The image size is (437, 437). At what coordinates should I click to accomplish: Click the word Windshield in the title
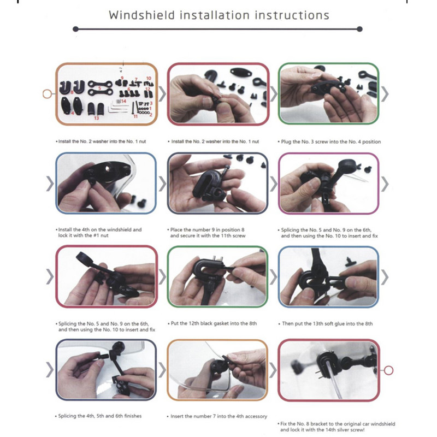[142, 15]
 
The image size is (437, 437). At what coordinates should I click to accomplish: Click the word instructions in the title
[292, 15]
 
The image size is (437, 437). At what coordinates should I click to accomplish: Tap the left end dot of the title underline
[75, 29]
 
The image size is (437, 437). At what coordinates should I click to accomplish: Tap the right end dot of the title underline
[359, 29]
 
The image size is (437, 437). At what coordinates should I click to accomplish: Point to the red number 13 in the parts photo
[97, 118]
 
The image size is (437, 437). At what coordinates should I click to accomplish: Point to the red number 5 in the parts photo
[99, 88]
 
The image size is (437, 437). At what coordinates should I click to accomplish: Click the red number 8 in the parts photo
[72, 92]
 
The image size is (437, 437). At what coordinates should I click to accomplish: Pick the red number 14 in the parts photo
[123, 101]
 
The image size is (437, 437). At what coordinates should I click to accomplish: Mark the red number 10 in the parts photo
[149, 79]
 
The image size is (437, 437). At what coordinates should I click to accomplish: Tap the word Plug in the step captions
[286, 142]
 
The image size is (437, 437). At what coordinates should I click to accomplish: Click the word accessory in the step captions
[255, 416]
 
